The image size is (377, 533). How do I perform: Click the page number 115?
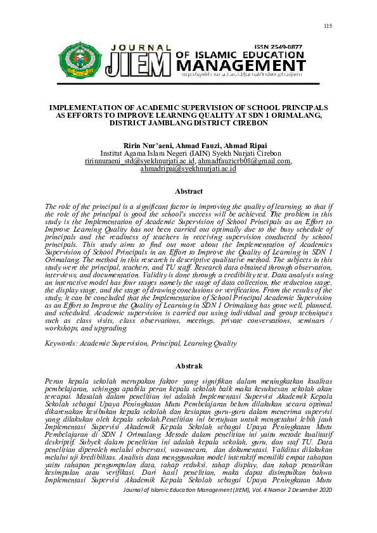(328, 25)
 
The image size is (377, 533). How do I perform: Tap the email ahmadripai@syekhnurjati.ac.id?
(188, 169)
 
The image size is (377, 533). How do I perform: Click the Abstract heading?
(188, 191)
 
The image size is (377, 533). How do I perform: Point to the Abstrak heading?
(188, 366)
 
